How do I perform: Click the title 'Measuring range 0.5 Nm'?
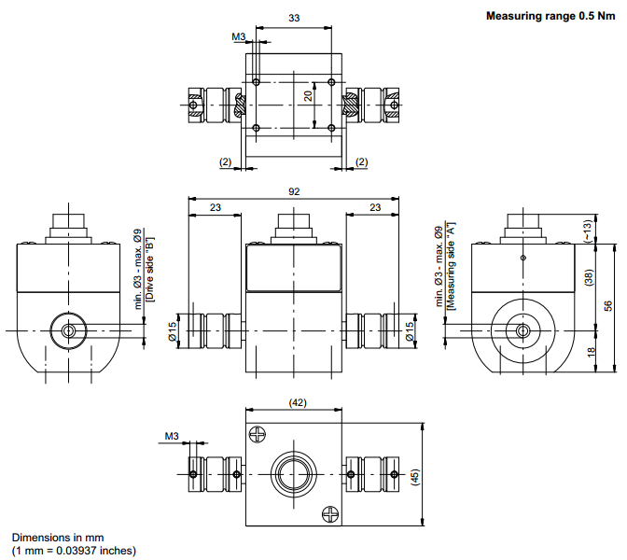tap(550, 16)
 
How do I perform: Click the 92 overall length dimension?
tap(294, 191)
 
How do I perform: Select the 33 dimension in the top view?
tap(294, 18)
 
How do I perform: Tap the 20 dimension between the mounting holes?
tap(308, 95)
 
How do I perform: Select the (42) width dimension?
tap(296, 402)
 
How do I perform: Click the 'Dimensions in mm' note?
tap(58, 539)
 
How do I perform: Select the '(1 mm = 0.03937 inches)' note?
tap(74, 550)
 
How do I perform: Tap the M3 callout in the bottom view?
tap(172, 436)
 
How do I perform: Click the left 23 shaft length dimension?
tap(216, 207)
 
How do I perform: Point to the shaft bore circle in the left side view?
tap(68, 330)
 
